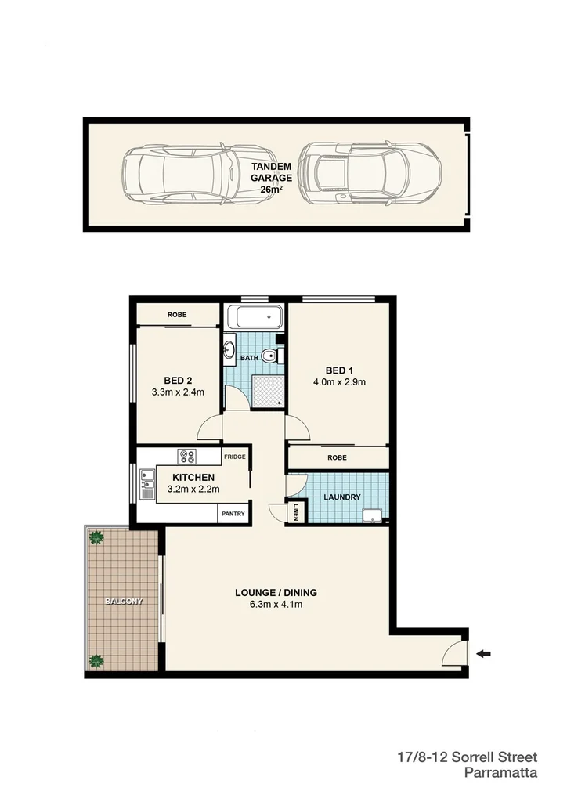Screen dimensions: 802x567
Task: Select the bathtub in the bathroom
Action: (x=255, y=317)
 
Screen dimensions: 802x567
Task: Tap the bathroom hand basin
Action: (x=229, y=350)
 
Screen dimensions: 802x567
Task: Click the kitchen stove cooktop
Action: (x=187, y=455)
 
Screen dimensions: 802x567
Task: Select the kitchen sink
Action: (x=146, y=483)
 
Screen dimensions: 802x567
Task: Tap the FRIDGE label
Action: (x=234, y=457)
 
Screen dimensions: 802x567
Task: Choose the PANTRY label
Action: (x=233, y=514)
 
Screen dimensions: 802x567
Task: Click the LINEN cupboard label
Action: (x=296, y=511)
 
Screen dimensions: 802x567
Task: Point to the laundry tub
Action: (x=373, y=514)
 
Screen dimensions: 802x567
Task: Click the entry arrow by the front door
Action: (x=486, y=653)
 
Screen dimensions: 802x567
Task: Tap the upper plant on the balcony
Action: (x=96, y=537)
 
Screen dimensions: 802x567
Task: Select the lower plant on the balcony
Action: (x=96, y=660)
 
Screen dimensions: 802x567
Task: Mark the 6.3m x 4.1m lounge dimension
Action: (x=276, y=605)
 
